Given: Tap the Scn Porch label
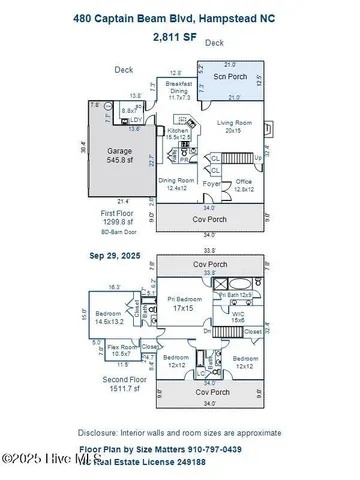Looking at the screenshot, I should pos(231,77).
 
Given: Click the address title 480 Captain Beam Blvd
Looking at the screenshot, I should pos(180,17).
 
